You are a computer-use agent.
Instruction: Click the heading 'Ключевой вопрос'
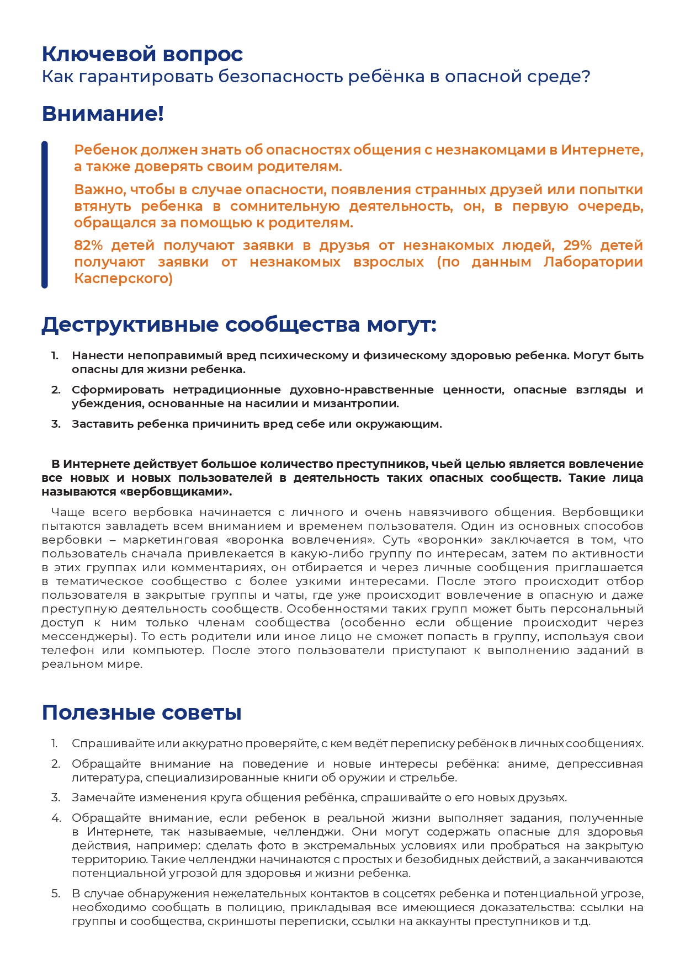point(142,54)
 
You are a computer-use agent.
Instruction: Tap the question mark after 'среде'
point(586,76)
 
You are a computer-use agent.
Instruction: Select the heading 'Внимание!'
point(103,114)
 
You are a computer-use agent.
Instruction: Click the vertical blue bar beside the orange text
point(45,214)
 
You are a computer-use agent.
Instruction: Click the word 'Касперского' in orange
point(123,278)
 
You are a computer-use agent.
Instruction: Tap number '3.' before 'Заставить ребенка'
point(56,424)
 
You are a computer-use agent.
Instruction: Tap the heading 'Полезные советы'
point(141,712)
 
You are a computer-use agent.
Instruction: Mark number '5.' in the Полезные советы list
point(56,893)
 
